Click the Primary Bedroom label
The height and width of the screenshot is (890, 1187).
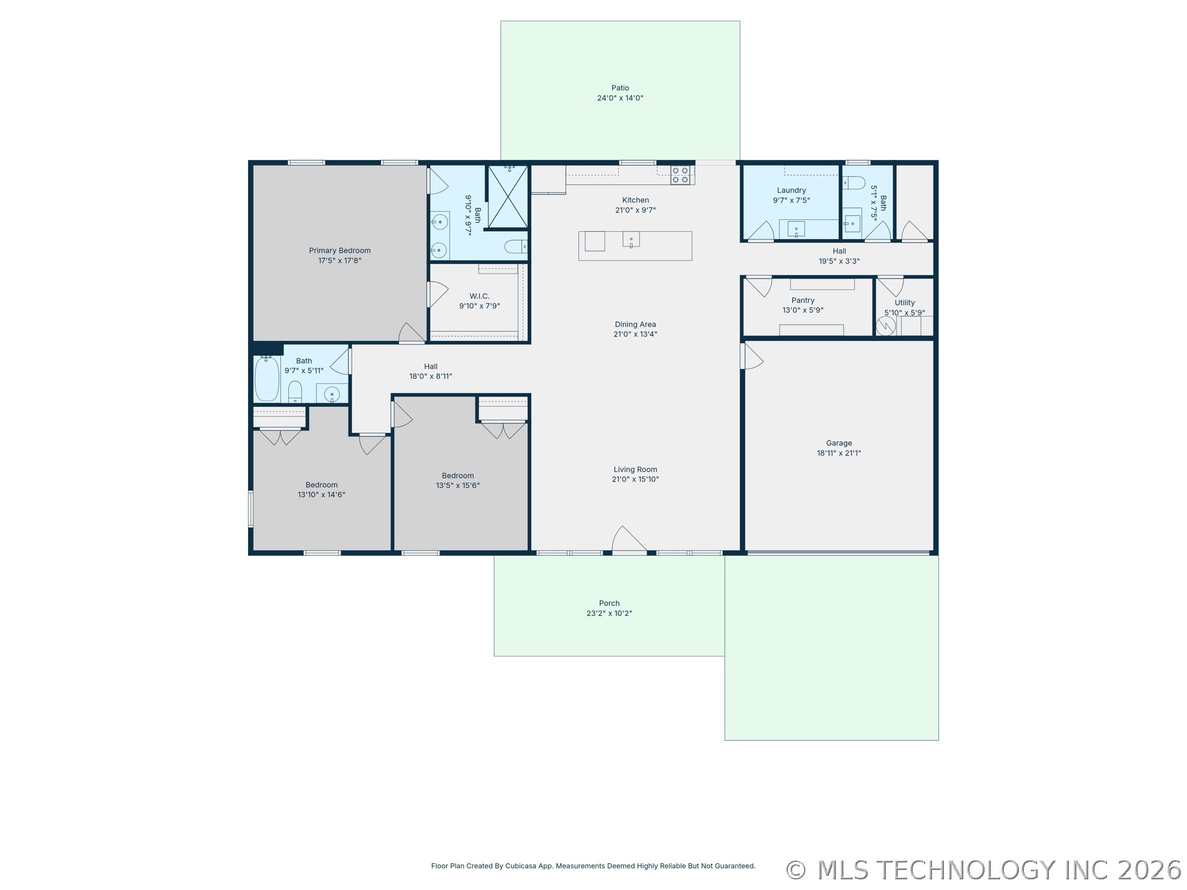(339, 250)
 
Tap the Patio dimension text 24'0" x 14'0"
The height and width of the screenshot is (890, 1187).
(620, 98)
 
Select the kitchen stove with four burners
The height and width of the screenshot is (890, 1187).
(680, 175)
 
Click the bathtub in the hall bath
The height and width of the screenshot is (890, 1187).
(267, 378)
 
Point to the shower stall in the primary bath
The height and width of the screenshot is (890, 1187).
(508, 196)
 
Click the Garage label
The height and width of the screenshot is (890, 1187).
(838, 443)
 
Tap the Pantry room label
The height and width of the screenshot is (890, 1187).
(803, 300)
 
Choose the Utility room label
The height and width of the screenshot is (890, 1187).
(904, 303)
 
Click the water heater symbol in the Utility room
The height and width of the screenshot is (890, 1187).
(886, 326)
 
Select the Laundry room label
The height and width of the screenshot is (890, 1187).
(791, 190)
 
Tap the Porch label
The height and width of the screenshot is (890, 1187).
(609, 603)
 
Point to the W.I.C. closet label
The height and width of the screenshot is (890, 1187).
(479, 296)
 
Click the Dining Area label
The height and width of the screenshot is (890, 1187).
(635, 324)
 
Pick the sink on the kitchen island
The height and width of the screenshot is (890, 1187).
(631, 239)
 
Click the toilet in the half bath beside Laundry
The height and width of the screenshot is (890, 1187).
(853, 182)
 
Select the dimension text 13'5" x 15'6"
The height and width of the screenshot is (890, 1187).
(457, 485)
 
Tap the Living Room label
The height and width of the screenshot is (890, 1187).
(635, 470)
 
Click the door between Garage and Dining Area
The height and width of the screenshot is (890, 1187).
(752, 356)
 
